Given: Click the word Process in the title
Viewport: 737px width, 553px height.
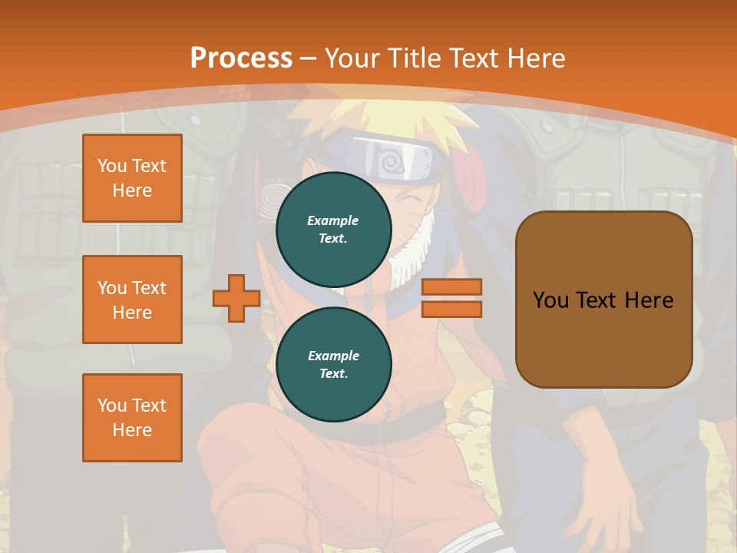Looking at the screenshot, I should [x=241, y=58].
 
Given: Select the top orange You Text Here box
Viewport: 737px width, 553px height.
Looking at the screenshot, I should [x=132, y=178].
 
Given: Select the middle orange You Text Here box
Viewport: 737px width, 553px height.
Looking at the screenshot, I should [x=132, y=300].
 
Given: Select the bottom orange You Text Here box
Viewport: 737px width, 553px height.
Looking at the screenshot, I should [x=132, y=418].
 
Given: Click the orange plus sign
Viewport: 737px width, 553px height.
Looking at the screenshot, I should [x=236, y=298].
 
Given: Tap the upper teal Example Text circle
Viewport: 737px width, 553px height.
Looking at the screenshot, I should [x=334, y=230].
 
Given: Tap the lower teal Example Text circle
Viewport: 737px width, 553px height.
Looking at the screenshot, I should [x=334, y=365].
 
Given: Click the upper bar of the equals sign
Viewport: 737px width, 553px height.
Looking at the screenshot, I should [x=451, y=287].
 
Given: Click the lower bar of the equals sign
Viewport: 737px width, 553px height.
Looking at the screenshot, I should [x=451, y=309].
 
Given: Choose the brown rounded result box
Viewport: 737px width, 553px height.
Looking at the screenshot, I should [x=603, y=338].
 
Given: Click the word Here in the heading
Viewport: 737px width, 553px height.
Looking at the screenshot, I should [x=535, y=58].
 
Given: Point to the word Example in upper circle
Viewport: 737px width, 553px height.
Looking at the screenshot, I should [x=333, y=221].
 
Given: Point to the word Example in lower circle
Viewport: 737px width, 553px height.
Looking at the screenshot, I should [x=333, y=356].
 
